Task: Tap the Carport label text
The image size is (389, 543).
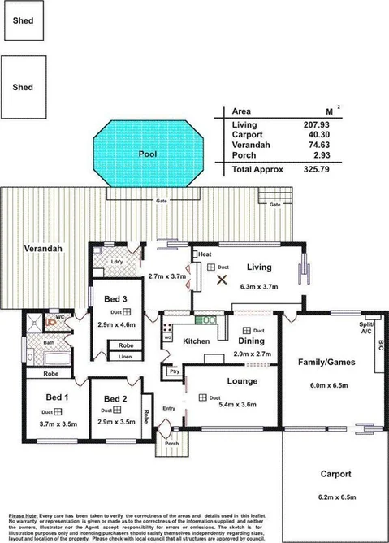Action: [335, 473]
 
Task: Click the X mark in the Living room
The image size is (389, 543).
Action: [222, 280]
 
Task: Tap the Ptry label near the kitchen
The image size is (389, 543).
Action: [174, 371]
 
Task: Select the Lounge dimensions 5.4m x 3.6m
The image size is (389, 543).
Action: [234, 404]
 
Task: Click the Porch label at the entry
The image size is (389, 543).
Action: [171, 443]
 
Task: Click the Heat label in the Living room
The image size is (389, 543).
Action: [205, 254]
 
